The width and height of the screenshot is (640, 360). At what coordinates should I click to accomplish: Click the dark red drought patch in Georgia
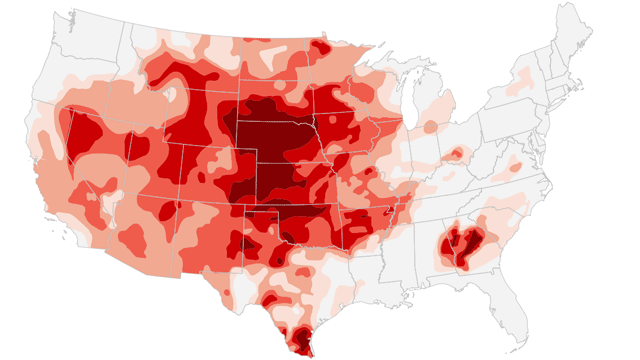coord(461,246)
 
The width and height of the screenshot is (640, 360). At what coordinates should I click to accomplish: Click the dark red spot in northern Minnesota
coord(319,48)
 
